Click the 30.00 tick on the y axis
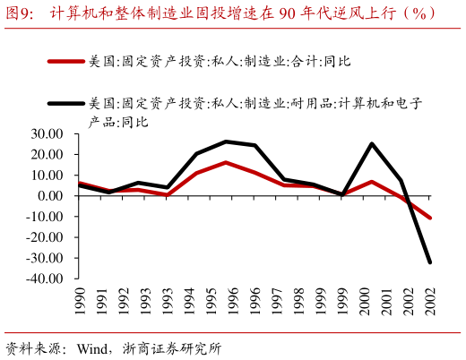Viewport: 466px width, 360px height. pos(45,133)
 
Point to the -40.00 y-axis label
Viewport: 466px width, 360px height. pos(43,279)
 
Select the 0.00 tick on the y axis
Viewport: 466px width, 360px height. pos(49,196)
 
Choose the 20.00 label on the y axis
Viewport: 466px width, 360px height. pos(45,154)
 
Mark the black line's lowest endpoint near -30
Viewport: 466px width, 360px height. pos(430,261)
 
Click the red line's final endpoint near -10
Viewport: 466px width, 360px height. pos(430,218)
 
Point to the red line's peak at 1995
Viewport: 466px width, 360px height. pos(226,162)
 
